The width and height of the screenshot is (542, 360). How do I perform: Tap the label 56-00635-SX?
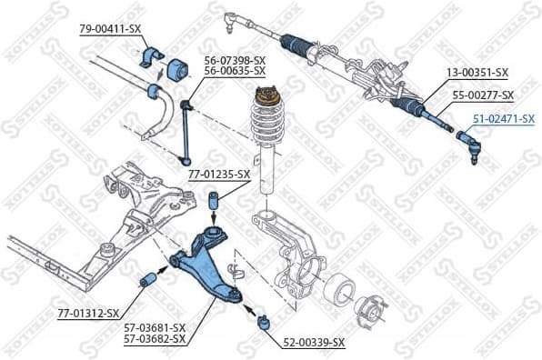point(234,70)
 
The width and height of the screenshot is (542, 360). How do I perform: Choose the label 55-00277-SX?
point(482,95)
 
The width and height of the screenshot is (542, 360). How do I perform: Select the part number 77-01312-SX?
point(88,313)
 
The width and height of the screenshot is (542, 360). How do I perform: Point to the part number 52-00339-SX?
point(313,343)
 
